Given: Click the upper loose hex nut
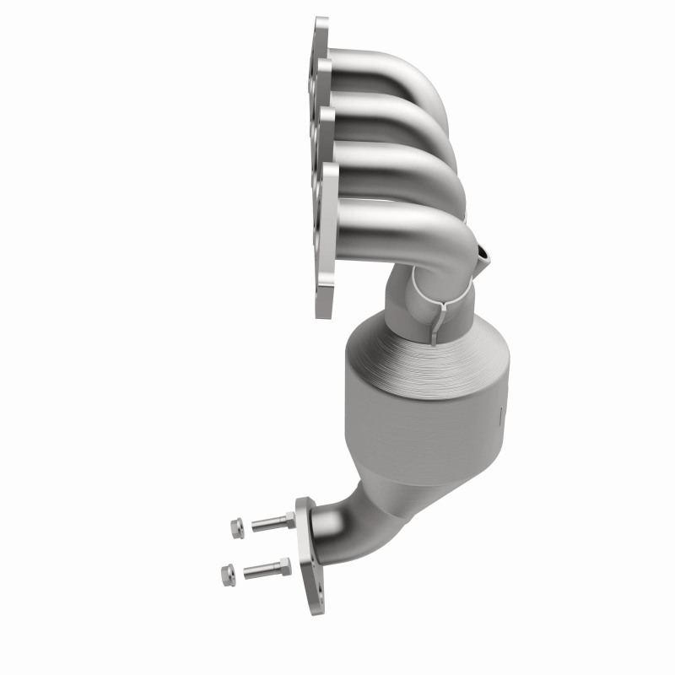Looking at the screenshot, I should point(236,528).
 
